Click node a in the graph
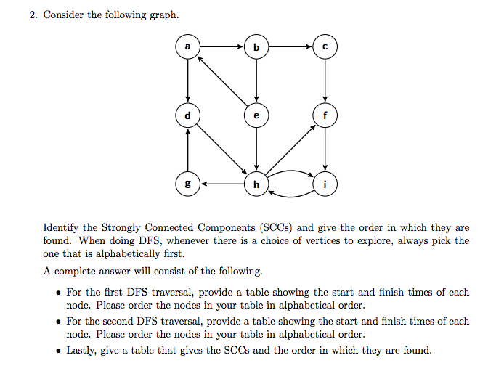pyautogui.click(x=187, y=46)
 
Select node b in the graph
pyautogui.click(x=256, y=46)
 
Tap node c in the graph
pyautogui.click(x=325, y=46)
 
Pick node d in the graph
pyautogui.click(x=187, y=115)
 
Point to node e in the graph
pyautogui.click(x=256, y=115)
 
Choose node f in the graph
pyautogui.click(x=325, y=115)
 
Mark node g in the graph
pyautogui.click(x=187, y=184)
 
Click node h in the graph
pyautogui.click(x=256, y=184)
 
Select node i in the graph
pyautogui.click(x=325, y=184)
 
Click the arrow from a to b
pyautogui.click(x=221, y=46)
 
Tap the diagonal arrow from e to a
pyautogui.click(x=222, y=81)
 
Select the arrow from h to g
pyautogui.click(x=222, y=184)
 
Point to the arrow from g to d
pyautogui.click(x=187, y=150)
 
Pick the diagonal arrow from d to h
pyautogui.click(x=221, y=150)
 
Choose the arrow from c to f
pyautogui.click(x=325, y=81)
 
